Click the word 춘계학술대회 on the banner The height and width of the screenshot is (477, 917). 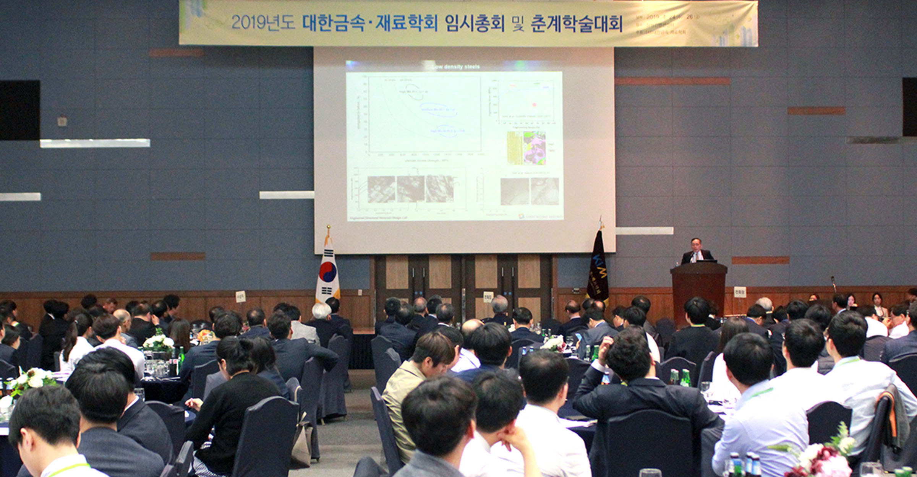tap(577, 24)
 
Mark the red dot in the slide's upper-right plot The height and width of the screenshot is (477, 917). tap(534, 104)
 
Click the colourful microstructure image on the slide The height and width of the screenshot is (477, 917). tap(534, 148)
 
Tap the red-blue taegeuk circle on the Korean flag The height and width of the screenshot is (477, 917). tap(328, 271)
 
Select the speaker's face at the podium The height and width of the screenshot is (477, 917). tap(696, 245)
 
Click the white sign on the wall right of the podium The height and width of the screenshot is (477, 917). tap(740, 292)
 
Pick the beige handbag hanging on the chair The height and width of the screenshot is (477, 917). tap(302, 443)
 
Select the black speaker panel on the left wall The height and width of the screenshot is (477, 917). tap(19, 110)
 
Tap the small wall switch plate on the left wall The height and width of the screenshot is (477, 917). tap(62, 122)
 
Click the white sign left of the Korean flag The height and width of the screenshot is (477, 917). tap(240, 297)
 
